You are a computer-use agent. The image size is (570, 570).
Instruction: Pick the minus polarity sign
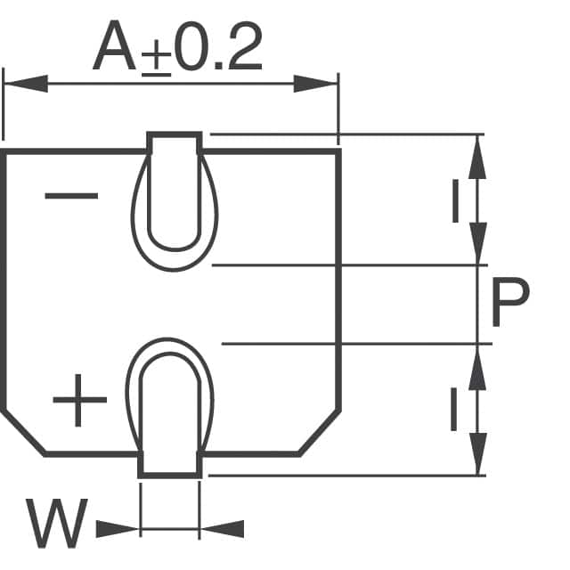(71, 197)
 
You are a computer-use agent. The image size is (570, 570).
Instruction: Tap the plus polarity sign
(79, 400)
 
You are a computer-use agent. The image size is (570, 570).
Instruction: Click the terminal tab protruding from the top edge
(175, 143)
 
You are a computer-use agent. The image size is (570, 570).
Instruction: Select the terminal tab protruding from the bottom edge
(170, 464)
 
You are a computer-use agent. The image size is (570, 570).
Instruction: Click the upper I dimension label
(455, 199)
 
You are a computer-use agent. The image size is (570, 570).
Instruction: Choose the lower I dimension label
(454, 411)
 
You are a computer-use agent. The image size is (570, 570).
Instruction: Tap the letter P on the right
(510, 304)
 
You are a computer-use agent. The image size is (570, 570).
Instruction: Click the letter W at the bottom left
(57, 525)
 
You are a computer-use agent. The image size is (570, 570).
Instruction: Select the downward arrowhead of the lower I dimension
(478, 454)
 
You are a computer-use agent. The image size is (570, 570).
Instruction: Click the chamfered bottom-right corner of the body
(320, 434)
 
